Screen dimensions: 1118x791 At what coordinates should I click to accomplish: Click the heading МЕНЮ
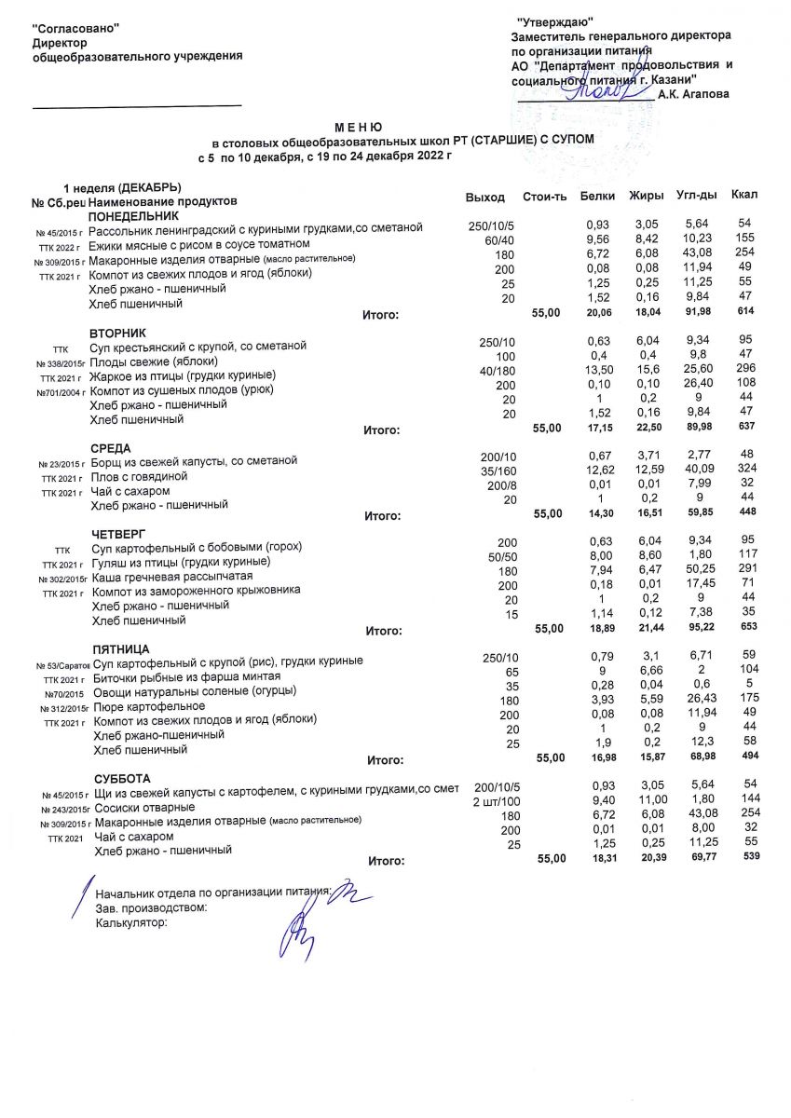click(x=359, y=126)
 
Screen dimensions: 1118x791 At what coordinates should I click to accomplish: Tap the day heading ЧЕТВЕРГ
click(x=119, y=534)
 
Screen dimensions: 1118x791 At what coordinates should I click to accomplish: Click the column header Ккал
click(x=744, y=195)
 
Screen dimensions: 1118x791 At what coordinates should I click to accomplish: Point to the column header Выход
click(x=484, y=198)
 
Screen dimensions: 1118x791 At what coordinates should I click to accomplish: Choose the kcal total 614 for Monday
click(x=743, y=312)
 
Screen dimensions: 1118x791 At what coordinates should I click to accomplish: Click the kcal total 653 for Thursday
click(x=743, y=629)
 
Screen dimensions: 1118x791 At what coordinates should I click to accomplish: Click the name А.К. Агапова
click(x=694, y=94)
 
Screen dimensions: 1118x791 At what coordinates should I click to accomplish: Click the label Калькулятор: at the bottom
click(x=131, y=922)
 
